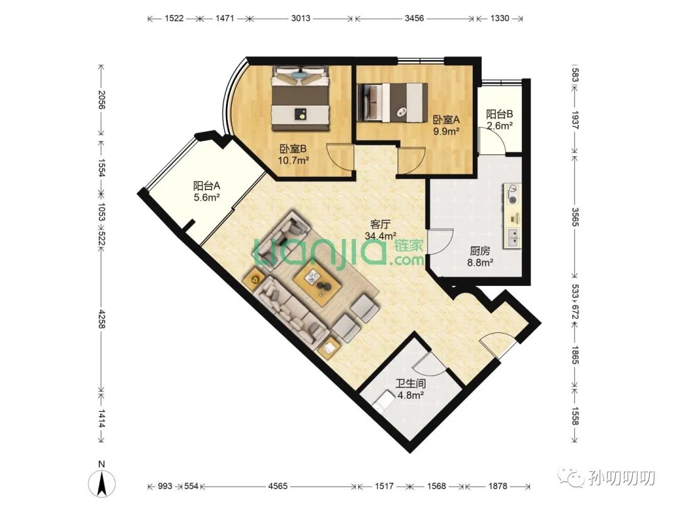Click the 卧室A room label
tap(446, 120)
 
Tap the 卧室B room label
tap(293, 149)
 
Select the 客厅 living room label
tap(380, 225)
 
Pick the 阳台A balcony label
tap(207, 186)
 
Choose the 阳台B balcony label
tap(500, 115)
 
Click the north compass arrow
tap(102, 484)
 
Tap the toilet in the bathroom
tap(383, 399)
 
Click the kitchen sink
tap(513, 238)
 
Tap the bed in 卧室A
tap(392, 102)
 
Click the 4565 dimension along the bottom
tap(277, 487)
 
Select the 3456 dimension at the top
tap(414, 19)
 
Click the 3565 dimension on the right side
tap(575, 217)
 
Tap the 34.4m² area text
tap(381, 236)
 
